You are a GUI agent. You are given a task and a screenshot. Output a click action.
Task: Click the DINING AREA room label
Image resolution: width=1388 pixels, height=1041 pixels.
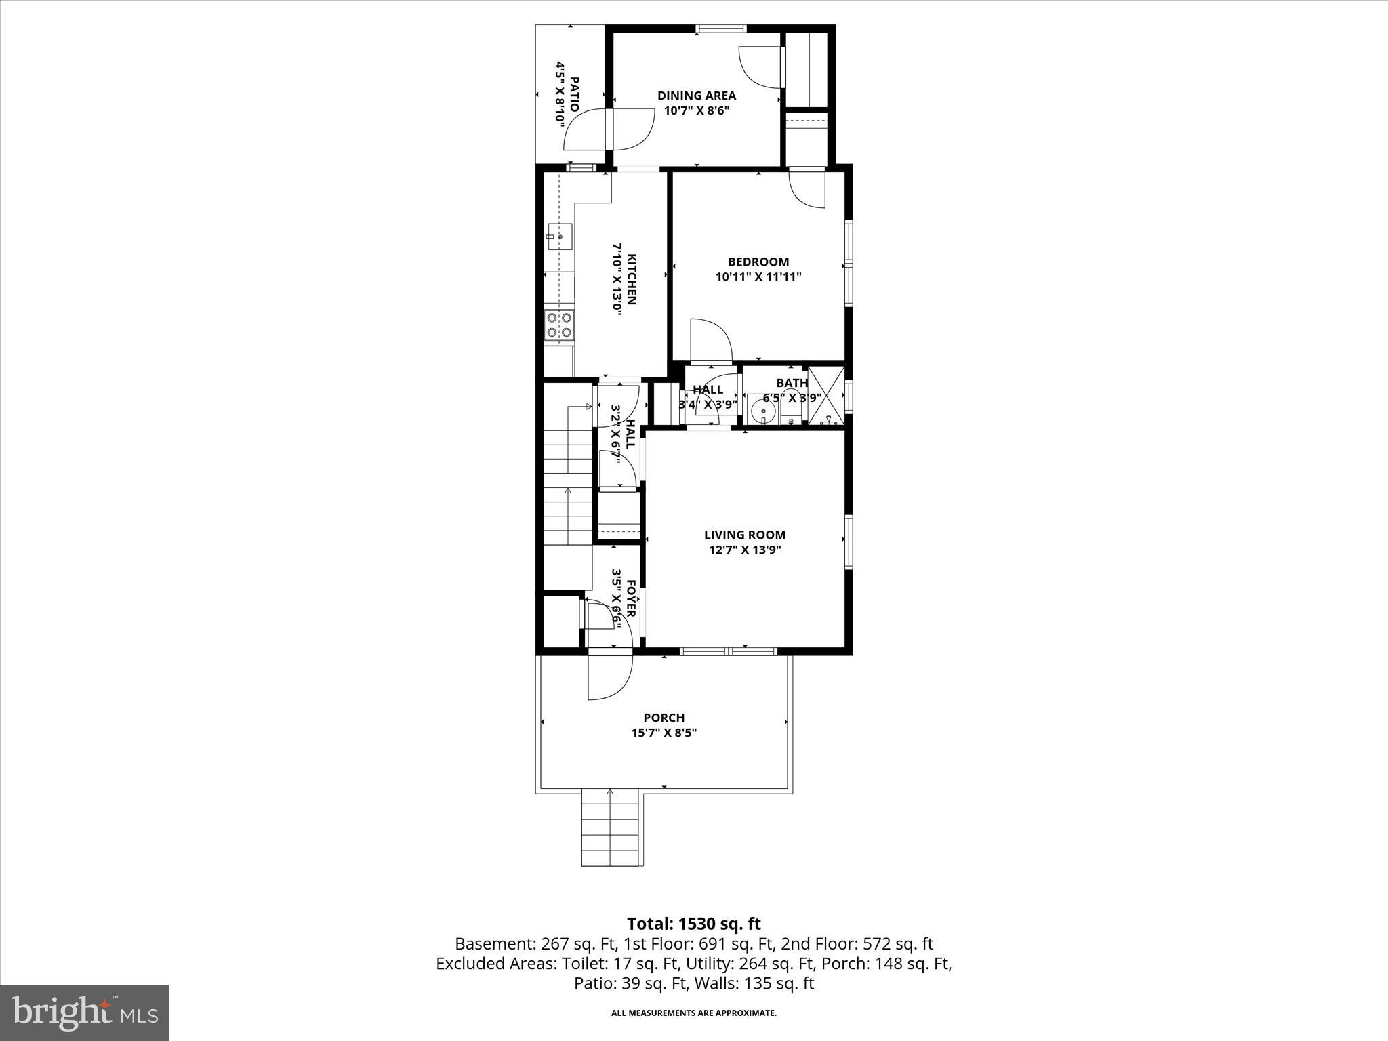696,96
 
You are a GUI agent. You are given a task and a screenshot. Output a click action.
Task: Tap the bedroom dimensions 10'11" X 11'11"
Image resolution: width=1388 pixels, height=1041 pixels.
758,277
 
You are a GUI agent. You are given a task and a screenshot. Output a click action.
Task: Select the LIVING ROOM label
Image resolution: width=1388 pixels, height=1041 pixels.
744,535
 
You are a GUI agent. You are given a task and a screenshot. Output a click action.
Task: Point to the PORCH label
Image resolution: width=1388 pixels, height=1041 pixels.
664,717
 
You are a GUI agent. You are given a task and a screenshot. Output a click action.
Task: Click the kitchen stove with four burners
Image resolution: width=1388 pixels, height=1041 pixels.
560,325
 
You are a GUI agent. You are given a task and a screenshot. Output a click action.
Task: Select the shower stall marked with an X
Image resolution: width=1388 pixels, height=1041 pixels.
826,396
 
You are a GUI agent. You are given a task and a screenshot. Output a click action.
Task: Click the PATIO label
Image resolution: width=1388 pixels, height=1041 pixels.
574,94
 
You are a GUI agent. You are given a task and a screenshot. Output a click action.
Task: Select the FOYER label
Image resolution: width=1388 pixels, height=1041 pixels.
630,598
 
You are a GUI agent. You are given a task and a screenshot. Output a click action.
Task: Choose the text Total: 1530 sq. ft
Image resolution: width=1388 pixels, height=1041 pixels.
693,924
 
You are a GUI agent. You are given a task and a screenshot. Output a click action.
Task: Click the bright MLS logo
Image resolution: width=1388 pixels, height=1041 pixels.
84,1013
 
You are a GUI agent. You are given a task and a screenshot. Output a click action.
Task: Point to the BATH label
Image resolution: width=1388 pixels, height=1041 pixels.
792,384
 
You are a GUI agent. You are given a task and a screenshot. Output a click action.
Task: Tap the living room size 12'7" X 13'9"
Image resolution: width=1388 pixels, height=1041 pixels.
744,550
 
